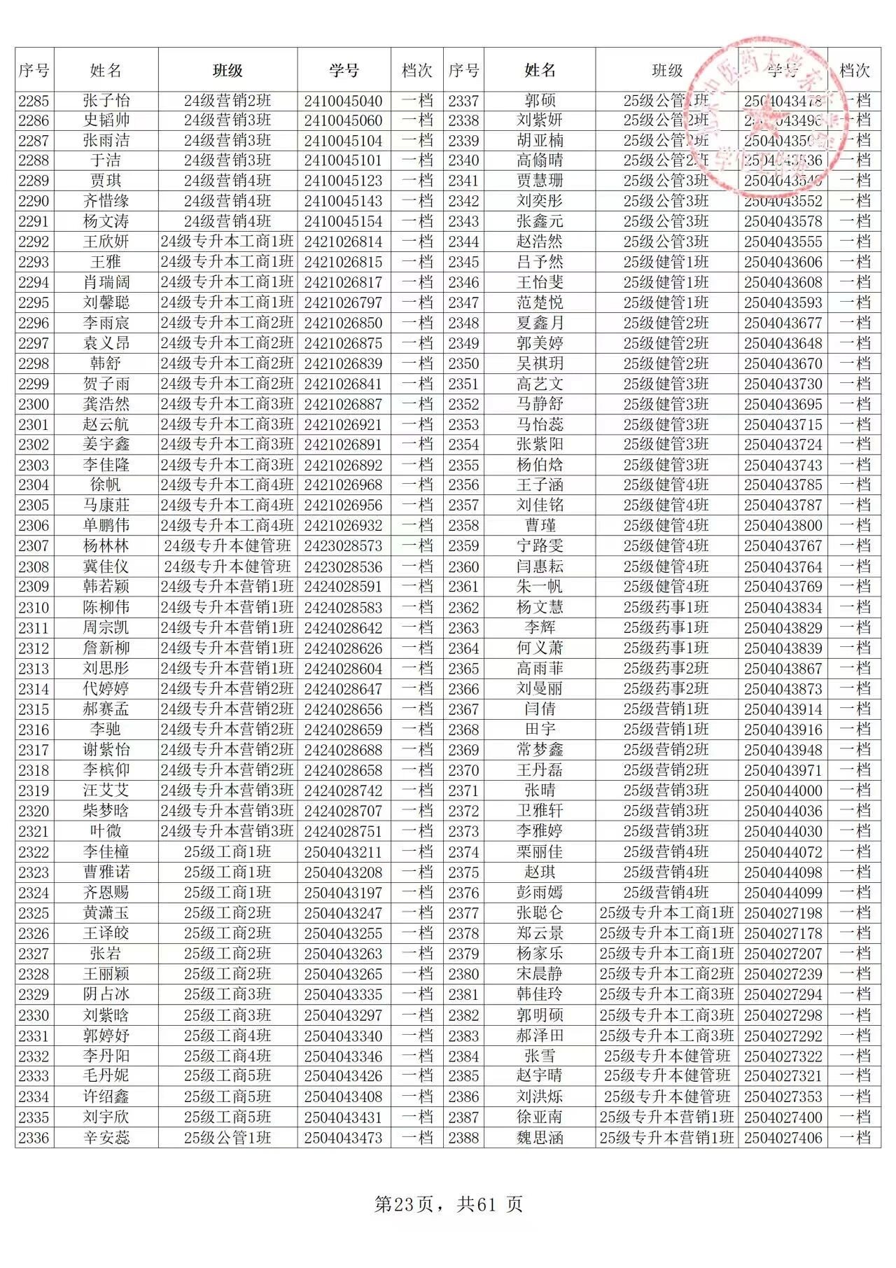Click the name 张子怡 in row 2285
pyautogui.click(x=106, y=100)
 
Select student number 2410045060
pyautogui.click(x=343, y=120)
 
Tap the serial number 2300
pyautogui.click(x=34, y=404)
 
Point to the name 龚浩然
pyautogui.click(x=106, y=404)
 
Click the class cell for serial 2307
pyautogui.click(x=227, y=546)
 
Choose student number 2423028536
pyautogui.click(x=343, y=566)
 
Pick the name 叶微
pyautogui.click(x=106, y=831)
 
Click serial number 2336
pyautogui.click(x=34, y=1138)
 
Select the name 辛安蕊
pyautogui.click(x=106, y=1138)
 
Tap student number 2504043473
pyautogui.click(x=343, y=1138)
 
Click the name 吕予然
pyautogui.click(x=540, y=262)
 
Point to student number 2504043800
pyautogui.click(x=783, y=526)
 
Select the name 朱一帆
pyautogui.click(x=540, y=587)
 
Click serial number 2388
pyautogui.click(x=463, y=1138)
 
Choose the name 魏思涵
pyautogui.click(x=540, y=1138)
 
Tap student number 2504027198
pyautogui.click(x=783, y=913)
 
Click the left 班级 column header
pyautogui.click(x=227, y=70)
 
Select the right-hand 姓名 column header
pyautogui.click(x=540, y=70)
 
